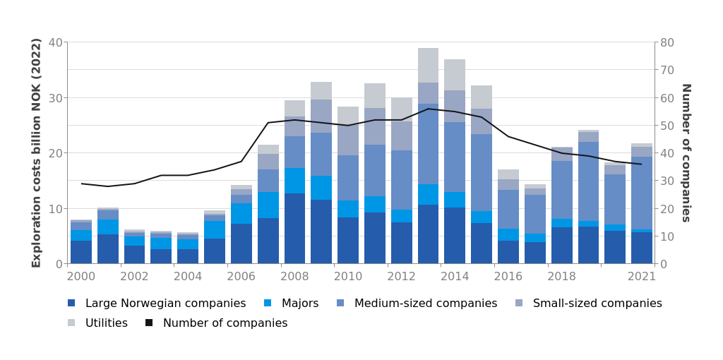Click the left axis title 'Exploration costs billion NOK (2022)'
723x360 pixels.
coord(37,152)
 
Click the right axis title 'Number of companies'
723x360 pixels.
coord(685,152)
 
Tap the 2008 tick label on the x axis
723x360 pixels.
coord(294,276)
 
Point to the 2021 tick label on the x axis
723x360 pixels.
coord(641,276)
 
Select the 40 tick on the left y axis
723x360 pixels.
coord(55,42)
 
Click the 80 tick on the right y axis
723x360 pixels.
coord(666,42)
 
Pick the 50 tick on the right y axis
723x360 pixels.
coord(666,126)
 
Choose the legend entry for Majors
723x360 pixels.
coord(299,304)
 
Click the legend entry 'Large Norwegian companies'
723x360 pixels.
coord(165,304)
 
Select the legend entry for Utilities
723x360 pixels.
coord(106,323)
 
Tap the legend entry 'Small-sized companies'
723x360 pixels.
coord(597,304)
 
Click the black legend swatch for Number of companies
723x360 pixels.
coord(149,323)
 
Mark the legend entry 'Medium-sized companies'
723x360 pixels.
coord(425,304)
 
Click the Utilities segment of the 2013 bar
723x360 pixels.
coord(428,65)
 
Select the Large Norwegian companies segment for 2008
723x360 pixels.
coord(294,228)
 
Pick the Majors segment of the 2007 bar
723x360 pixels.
coord(268,205)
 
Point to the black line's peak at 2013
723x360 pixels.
coord(428,109)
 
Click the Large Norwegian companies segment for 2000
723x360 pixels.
coord(81,252)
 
